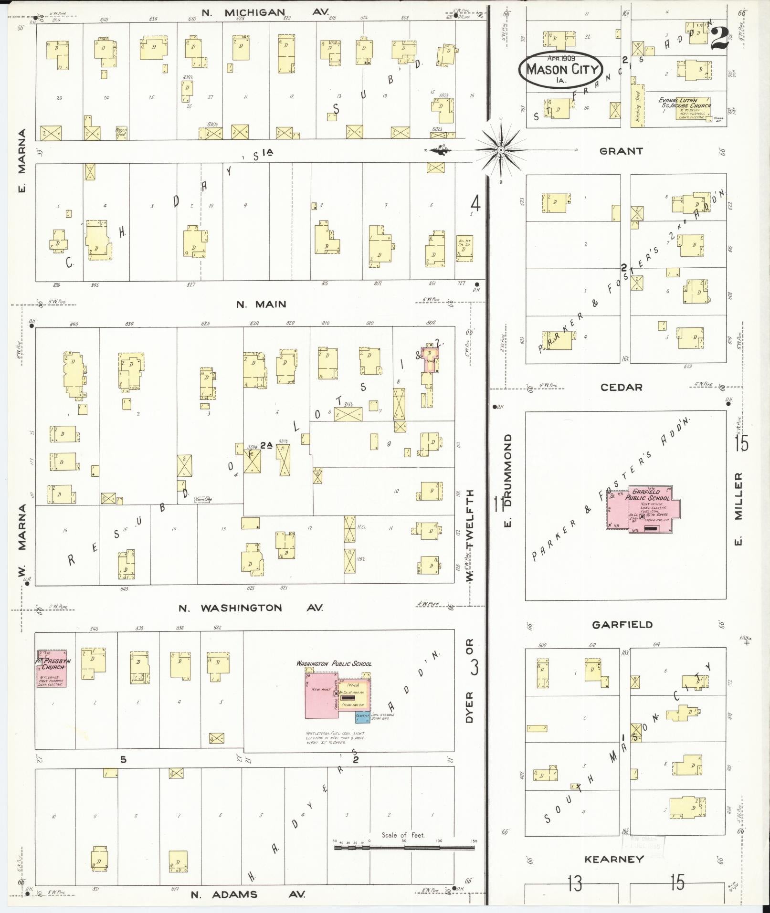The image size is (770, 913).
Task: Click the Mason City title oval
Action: click(x=561, y=70)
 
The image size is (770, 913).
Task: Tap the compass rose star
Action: click(x=501, y=150)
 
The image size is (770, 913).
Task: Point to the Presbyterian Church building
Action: click(x=52, y=668)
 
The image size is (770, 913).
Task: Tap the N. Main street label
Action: click(x=261, y=304)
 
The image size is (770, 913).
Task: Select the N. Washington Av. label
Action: click(x=250, y=608)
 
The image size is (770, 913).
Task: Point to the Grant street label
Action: click(x=621, y=151)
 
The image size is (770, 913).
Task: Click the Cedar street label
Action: click(x=621, y=388)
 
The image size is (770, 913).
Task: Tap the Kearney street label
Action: click(x=614, y=860)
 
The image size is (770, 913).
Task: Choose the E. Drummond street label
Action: click(x=507, y=480)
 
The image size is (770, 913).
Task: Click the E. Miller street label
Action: click(x=738, y=509)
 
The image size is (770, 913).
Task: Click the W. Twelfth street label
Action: click(x=470, y=535)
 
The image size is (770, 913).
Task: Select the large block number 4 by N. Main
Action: click(x=475, y=204)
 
